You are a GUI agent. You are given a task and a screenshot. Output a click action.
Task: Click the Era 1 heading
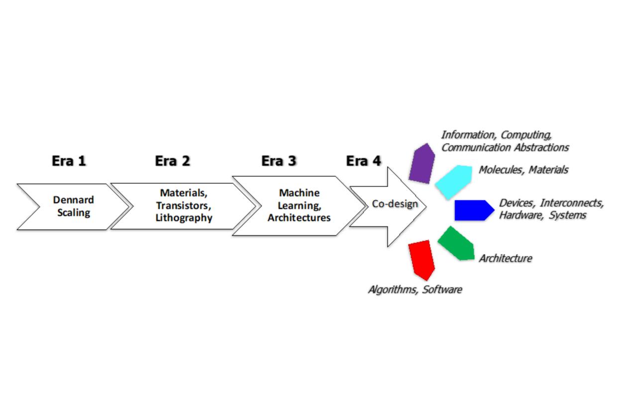click(69, 161)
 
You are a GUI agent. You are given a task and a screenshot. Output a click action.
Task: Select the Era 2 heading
click(172, 161)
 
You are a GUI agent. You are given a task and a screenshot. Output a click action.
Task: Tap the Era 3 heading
click(279, 161)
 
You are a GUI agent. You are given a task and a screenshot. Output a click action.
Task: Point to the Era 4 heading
click(363, 161)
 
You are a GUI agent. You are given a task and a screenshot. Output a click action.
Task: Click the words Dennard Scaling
click(73, 206)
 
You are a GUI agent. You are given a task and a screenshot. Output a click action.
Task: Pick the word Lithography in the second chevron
click(184, 218)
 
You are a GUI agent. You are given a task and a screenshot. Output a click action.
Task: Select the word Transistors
click(182, 205)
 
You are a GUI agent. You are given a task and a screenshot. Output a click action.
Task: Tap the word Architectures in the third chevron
click(299, 218)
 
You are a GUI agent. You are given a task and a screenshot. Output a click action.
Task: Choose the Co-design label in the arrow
click(395, 205)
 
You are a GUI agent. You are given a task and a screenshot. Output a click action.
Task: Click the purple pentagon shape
click(421, 163)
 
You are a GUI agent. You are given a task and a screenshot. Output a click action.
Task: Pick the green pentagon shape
click(457, 244)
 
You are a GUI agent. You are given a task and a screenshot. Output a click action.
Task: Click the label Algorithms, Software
click(414, 289)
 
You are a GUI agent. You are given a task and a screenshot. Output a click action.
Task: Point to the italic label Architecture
click(505, 258)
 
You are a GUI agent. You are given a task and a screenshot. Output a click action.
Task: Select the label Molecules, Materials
click(523, 170)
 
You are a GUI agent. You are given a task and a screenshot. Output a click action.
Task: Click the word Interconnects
click(572, 203)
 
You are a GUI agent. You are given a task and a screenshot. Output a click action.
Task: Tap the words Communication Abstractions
click(505, 147)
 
